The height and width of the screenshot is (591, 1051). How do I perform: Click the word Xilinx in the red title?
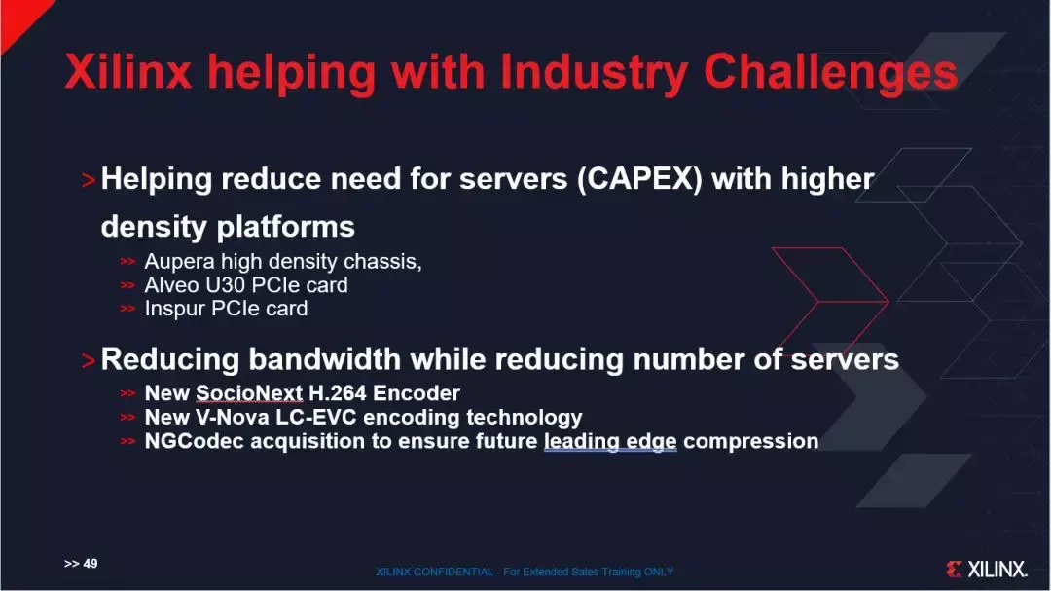pyautogui.click(x=128, y=71)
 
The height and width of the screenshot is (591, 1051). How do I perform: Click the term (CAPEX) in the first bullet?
pyautogui.click(x=639, y=179)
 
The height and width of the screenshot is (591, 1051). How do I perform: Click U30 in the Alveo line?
pyautogui.click(x=225, y=285)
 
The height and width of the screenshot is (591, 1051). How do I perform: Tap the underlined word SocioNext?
pyautogui.click(x=249, y=393)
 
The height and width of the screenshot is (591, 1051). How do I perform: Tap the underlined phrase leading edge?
pyautogui.click(x=610, y=442)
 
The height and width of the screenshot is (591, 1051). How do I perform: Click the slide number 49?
pyautogui.click(x=90, y=564)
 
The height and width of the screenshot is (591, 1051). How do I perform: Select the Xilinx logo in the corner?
pyautogui.click(x=986, y=569)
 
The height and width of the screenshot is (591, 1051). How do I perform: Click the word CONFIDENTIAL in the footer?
pyautogui.click(x=453, y=572)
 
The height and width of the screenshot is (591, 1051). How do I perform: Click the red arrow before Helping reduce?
pyautogui.click(x=89, y=180)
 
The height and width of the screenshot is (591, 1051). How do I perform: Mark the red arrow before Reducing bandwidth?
pyautogui.click(x=89, y=361)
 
